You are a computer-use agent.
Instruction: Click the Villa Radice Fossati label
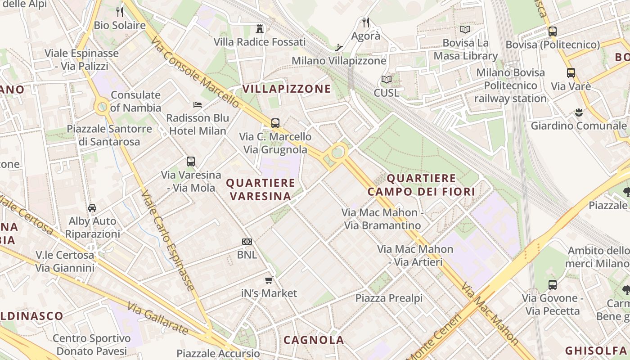tap(260, 42)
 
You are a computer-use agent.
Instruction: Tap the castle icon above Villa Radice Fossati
tap(259, 29)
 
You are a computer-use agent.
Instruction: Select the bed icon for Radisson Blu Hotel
tap(198, 105)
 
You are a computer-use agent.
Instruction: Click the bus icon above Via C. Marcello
tap(275, 123)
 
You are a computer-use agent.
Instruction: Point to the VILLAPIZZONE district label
tap(287, 89)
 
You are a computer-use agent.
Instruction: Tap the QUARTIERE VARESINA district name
tap(261, 189)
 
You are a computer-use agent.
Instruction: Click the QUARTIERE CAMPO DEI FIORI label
tap(421, 185)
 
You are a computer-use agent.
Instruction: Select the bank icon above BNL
tap(247, 242)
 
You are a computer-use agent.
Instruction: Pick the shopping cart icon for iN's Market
tap(269, 280)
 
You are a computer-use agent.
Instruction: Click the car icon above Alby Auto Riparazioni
tap(92, 208)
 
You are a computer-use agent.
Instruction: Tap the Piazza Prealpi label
tap(389, 298)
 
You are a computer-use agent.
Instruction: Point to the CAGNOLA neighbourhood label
tap(314, 340)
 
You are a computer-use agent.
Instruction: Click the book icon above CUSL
tap(386, 80)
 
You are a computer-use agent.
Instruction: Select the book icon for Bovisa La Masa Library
tap(465, 30)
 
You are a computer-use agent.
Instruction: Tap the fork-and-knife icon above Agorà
tap(366, 22)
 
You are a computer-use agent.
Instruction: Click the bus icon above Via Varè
tap(571, 73)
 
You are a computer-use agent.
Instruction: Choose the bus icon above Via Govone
tap(553, 285)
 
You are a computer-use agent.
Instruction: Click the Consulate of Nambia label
tap(135, 101)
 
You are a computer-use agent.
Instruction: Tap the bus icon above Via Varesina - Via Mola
tap(191, 162)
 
